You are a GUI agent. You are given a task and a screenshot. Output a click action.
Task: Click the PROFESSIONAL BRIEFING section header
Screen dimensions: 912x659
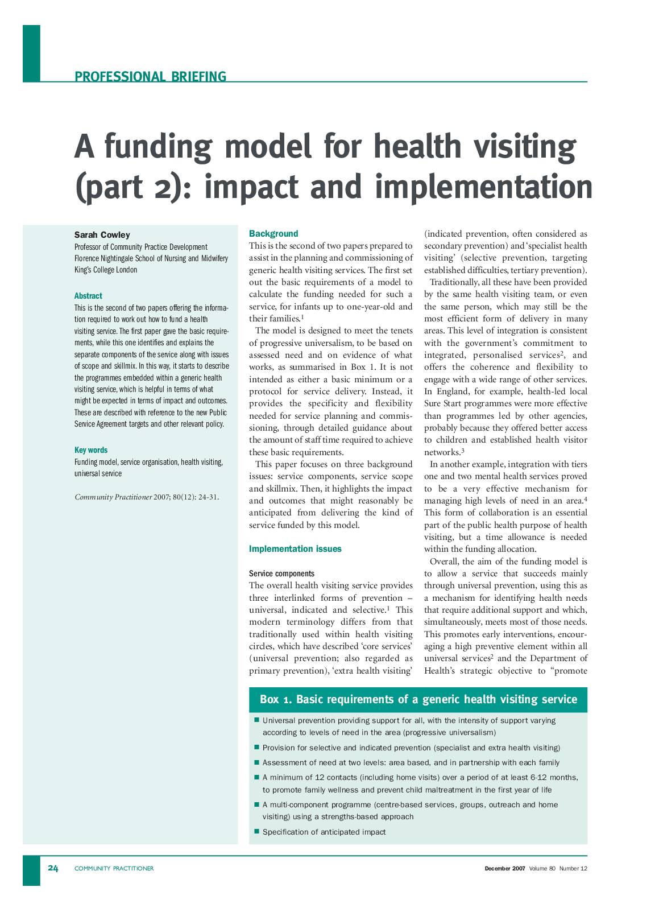(150, 76)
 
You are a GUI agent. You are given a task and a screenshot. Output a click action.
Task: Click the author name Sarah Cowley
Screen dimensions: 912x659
(102, 234)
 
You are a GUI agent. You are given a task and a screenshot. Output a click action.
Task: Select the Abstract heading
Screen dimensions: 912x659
(88, 296)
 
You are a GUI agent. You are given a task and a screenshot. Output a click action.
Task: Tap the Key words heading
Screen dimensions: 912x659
(90, 450)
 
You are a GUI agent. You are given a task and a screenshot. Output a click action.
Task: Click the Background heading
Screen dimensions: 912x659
(273, 233)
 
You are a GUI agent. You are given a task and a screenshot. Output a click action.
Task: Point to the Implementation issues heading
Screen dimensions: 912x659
(295, 549)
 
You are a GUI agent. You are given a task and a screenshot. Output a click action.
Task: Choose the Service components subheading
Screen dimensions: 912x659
(281, 573)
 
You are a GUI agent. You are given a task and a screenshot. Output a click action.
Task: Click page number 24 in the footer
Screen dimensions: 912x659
(53, 868)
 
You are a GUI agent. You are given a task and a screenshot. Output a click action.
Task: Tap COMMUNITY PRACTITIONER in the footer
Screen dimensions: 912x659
(114, 868)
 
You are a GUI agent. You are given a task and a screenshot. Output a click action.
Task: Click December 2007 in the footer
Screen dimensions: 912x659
(504, 868)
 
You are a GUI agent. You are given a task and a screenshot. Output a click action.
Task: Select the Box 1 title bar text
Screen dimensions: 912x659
(418, 699)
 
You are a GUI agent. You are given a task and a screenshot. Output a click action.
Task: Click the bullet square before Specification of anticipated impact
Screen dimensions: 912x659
(256, 831)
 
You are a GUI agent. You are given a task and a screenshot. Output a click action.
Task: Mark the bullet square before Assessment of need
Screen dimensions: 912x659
(256, 762)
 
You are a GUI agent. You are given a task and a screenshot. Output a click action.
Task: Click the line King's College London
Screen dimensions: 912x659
(106, 270)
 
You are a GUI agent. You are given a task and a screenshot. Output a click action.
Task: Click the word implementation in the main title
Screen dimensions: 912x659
(483, 187)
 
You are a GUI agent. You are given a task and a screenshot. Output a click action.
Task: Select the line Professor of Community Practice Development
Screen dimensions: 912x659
(141, 247)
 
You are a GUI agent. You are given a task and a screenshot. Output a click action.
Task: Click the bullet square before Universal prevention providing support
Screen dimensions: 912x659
(256, 720)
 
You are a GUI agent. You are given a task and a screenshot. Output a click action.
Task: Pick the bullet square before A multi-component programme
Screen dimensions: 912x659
(256, 804)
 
